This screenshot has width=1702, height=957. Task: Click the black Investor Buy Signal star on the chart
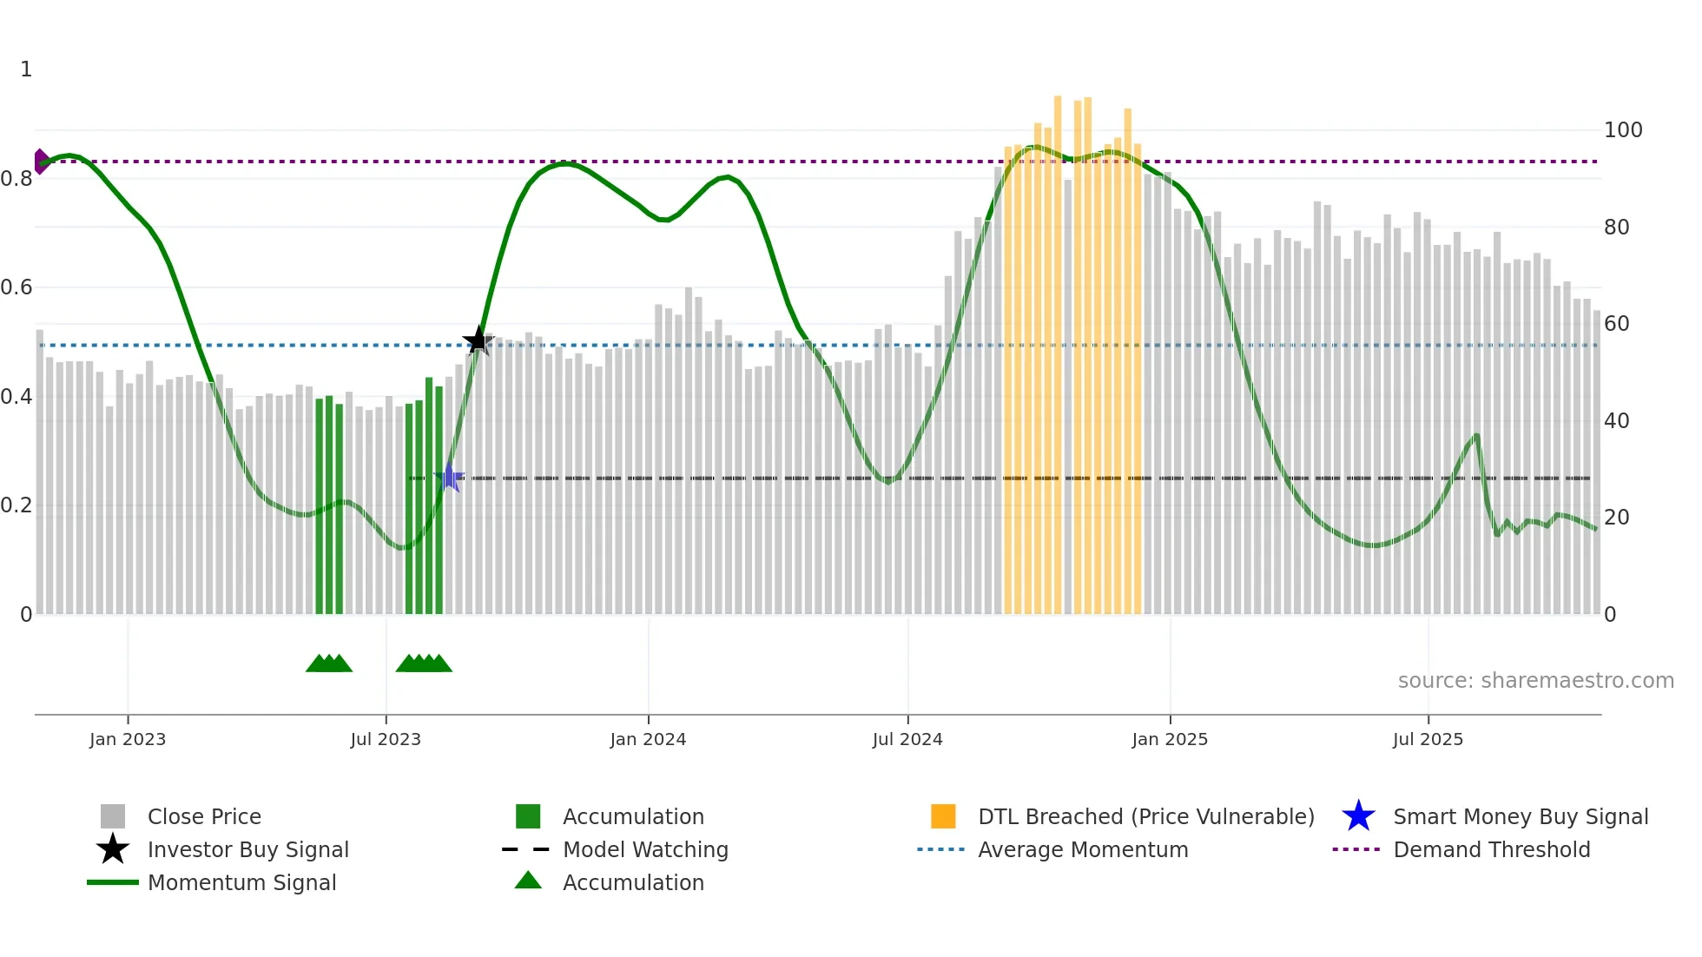[478, 340]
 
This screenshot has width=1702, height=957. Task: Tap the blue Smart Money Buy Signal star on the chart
[449, 478]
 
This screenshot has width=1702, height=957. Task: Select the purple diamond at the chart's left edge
[40, 162]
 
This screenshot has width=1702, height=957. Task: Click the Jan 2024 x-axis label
[648, 739]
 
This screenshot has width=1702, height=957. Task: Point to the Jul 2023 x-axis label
[386, 739]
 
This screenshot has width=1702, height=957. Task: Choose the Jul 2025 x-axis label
[1428, 739]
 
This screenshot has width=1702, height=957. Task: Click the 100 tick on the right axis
[1622, 130]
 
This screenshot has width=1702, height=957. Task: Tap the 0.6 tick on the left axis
[16, 287]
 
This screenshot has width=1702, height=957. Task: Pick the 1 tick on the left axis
[26, 69]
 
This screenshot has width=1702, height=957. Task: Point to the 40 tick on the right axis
[1616, 421]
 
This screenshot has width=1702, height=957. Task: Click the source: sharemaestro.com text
[1535, 681]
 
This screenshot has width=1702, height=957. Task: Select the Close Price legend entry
[204, 816]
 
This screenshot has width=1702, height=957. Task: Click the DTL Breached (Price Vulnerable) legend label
[1145, 816]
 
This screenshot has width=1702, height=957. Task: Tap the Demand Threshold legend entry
[1491, 849]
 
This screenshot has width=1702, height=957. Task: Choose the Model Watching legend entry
[645, 849]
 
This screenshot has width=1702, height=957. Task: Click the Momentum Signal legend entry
[241, 882]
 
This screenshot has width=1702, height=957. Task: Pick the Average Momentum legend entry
[1082, 849]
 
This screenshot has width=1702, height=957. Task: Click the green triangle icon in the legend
[528, 881]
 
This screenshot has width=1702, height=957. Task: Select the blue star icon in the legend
[1358, 816]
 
